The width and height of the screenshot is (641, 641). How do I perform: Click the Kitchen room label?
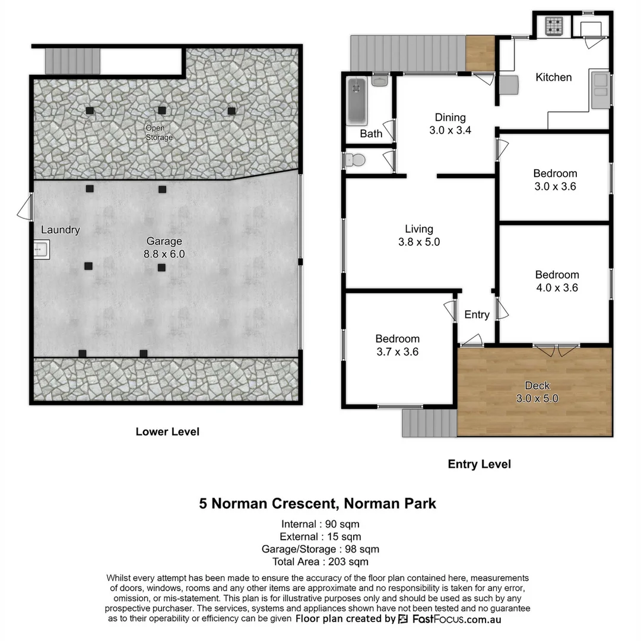coord(553,77)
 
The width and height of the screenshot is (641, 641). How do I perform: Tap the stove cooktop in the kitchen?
coord(554,26)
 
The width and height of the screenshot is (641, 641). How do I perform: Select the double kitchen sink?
coord(599,85)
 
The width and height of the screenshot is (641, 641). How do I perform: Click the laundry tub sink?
coord(41,250)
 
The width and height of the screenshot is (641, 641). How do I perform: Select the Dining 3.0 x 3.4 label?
coord(450,124)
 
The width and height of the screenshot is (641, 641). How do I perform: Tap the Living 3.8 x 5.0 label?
coord(419,235)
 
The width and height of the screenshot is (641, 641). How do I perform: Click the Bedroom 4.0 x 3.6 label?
coord(557,281)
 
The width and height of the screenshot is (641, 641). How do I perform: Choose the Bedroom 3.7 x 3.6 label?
coord(397,345)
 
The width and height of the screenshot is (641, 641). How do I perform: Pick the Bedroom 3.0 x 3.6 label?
coord(555,179)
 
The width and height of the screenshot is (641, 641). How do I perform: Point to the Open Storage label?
coord(159,132)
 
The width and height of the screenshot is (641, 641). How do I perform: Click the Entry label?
coord(477,315)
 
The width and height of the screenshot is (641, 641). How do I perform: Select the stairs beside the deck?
coord(429,424)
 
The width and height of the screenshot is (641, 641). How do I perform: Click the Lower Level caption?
coord(167,431)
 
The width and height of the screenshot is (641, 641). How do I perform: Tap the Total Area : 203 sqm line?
coord(320,561)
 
